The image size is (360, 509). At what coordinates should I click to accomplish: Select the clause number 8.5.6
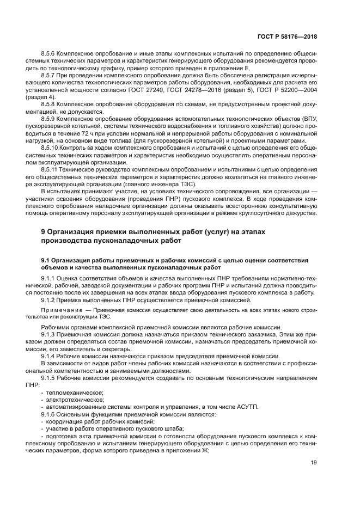tap(51, 56)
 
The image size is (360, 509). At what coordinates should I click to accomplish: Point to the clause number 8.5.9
tap(51, 119)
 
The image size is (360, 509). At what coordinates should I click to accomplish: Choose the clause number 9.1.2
tap(51, 300)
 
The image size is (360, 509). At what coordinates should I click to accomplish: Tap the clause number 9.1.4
tap(51, 355)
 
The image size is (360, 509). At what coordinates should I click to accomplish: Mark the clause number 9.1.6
tap(51, 414)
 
